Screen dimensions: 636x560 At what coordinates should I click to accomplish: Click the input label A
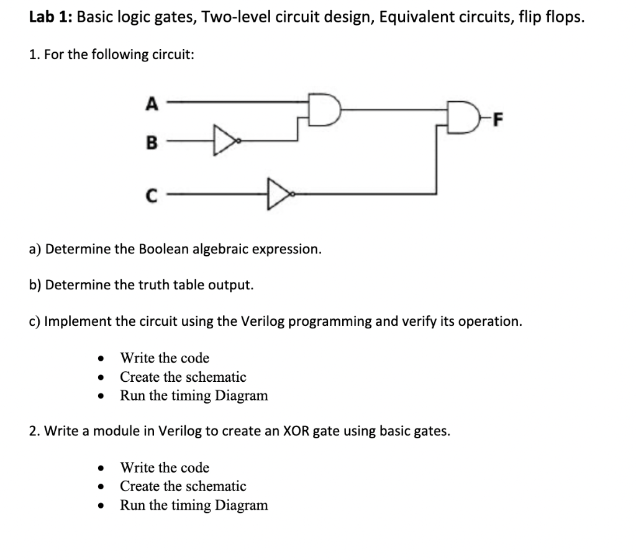pyautogui.click(x=150, y=104)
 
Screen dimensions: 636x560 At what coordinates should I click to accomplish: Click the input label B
pyautogui.click(x=150, y=143)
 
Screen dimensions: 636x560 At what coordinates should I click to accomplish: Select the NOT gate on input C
pyautogui.click(x=279, y=193)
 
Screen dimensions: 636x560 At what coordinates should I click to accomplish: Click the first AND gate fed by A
pyautogui.click(x=325, y=109)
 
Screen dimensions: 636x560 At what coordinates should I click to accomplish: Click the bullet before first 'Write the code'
pyautogui.click(x=99, y=359)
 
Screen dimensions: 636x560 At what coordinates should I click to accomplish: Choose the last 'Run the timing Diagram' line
pyautogui.click(x=194, y=505)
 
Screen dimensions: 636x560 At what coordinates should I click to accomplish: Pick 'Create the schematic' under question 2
pyautogui.click(x=183, y=486)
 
